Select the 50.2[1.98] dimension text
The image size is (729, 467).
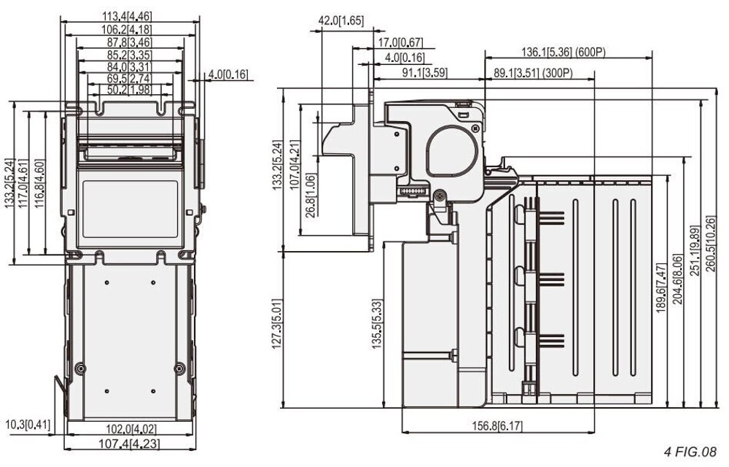(x=129, y=90)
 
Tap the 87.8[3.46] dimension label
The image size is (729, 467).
(x=129, y=42)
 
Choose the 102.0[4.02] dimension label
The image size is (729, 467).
(x=130, y=428)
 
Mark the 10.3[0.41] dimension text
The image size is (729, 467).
(x=28, y=424)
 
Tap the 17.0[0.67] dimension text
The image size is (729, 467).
(x=400, y=43)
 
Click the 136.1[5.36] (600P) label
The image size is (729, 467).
(x=564, y=53)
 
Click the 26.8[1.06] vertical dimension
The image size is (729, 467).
(x=311, y=196)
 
